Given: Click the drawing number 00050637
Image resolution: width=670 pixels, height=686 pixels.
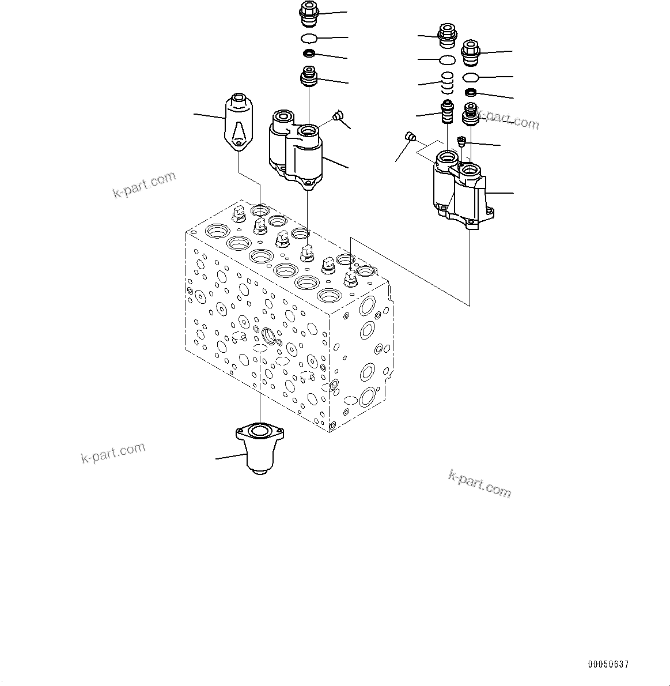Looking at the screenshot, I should pos(608,665).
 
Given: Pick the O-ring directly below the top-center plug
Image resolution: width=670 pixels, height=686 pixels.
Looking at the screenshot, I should pos(309,39).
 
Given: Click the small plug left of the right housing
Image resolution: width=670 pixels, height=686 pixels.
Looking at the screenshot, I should pos(411,137).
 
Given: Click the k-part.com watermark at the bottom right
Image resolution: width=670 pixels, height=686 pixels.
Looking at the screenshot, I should pos(479,483).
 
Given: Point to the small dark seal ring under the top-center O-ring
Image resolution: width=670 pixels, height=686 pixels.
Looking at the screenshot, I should pos(309,54).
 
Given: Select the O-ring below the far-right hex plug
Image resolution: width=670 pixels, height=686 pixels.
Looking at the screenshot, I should pos(471,78).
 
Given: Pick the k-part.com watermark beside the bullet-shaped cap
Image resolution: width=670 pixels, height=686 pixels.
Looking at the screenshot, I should pos(144,184).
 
